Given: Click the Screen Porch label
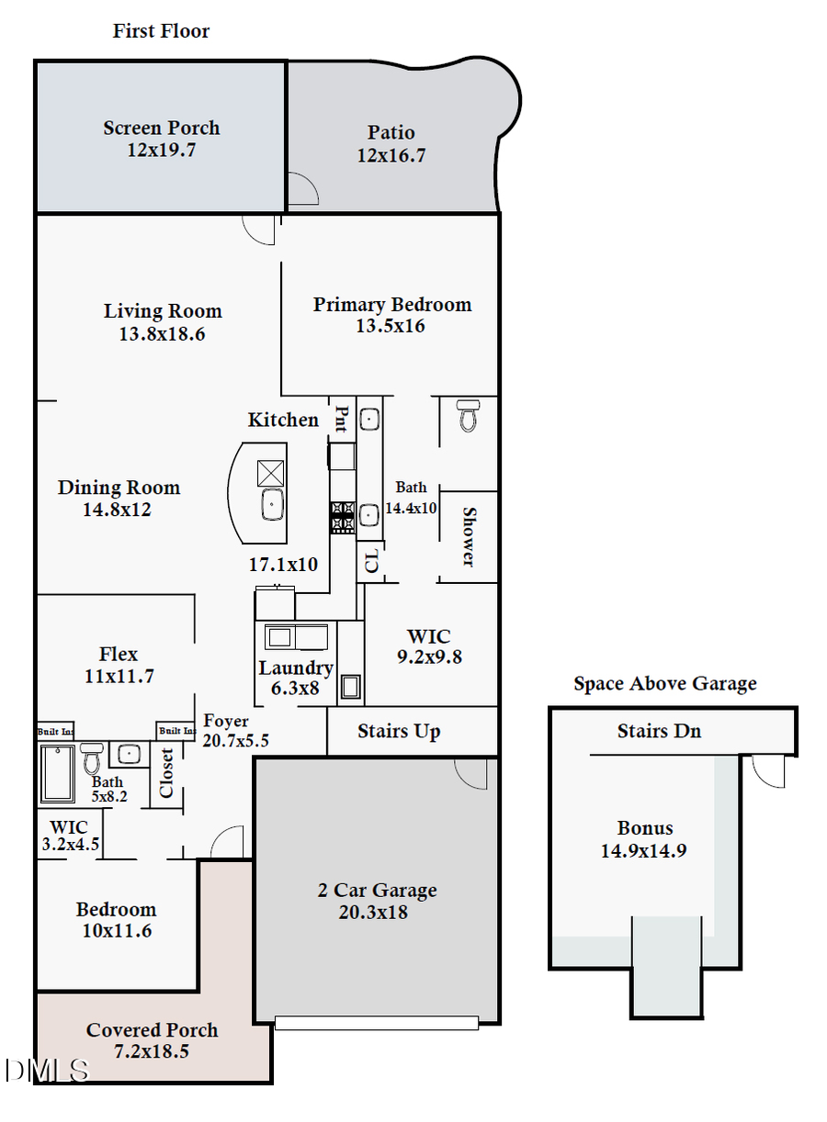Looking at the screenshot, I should [161, 128].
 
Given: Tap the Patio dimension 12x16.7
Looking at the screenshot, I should [391, 155].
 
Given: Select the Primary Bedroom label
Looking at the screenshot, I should [391, 304].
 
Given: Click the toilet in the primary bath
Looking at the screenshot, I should [469, 415].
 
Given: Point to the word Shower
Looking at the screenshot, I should [469, 537].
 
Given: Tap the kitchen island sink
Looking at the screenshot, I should [272, 504].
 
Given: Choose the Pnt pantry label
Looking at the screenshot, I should [341, 420].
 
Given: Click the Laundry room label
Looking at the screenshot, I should [295, 668].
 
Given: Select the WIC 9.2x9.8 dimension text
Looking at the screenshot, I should [428, 656].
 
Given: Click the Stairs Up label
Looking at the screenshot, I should [398, 732].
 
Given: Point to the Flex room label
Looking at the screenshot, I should [119, 654].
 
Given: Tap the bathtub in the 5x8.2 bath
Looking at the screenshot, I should [58, 772].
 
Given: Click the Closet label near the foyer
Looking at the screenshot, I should [167, 773].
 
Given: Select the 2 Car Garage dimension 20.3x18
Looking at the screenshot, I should [377, 912].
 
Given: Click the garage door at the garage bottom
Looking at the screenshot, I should [377, 1022].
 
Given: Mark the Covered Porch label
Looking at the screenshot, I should [153, 1030].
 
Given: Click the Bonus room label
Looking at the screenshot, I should [644, 827].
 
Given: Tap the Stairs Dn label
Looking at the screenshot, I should [659, 731].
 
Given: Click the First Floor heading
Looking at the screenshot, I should [161, 31].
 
